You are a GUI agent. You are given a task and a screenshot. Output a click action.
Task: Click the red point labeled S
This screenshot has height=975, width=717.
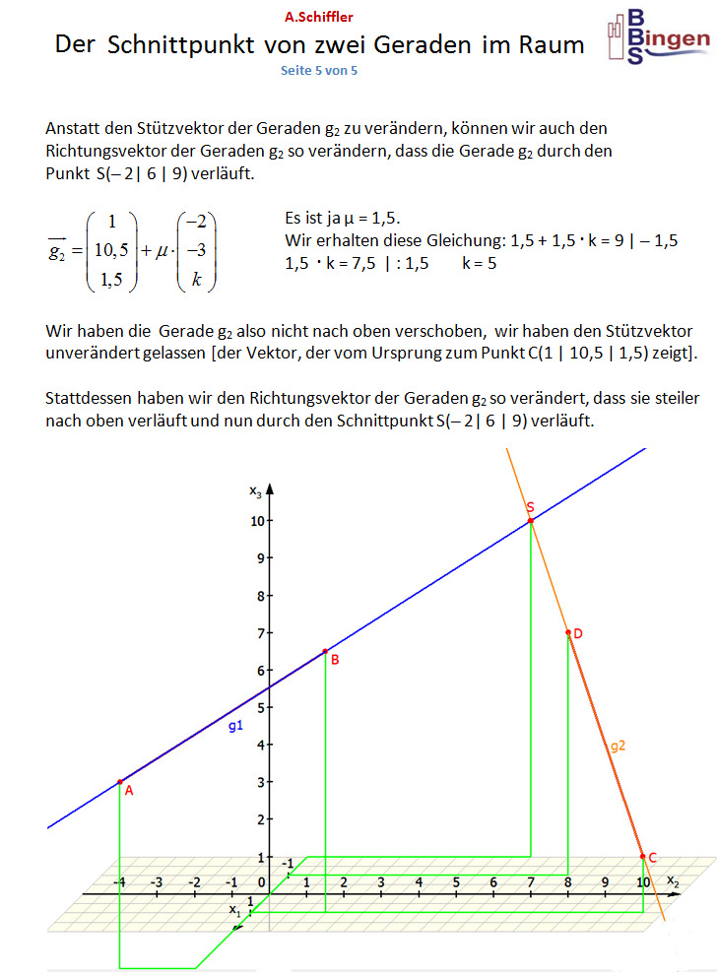pyautogui.click(x=531, y=520)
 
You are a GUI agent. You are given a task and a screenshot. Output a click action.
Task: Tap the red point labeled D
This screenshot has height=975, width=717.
pyautogui.click(x=568, y=633)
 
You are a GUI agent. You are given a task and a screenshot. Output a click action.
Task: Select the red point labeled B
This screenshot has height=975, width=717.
pyautogui.click(x=325, y=652)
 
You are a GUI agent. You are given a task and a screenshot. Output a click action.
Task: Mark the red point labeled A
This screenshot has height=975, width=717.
pyautogui.click(x=120, y=782)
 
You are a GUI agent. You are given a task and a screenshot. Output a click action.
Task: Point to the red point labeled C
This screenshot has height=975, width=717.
pyautogui.click(x=643, y=857)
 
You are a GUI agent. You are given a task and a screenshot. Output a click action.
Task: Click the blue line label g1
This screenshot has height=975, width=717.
pyautogui.click(x=235, y=726)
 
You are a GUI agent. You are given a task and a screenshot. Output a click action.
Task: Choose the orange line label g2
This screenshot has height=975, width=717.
pyautogui.click(x=618, y=747)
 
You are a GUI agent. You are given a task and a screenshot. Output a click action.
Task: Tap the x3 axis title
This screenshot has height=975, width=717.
pyautogui.click(x=255, y=489)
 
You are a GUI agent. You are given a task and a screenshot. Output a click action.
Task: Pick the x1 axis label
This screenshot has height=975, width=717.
pyautogui.click(x=234, y=911)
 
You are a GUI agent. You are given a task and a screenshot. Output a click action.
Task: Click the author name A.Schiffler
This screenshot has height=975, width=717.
pyautogui.click(x=318, y=17)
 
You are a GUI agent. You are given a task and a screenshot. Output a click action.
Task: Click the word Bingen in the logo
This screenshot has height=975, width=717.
pyautogui.click(x=675, y=38)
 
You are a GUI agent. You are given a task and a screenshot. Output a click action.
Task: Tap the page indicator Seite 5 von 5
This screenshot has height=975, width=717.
pyautogui.click(x=319, y=71)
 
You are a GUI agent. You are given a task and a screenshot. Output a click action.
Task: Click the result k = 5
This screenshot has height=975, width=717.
pyautogui.click(x=480, y=264)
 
